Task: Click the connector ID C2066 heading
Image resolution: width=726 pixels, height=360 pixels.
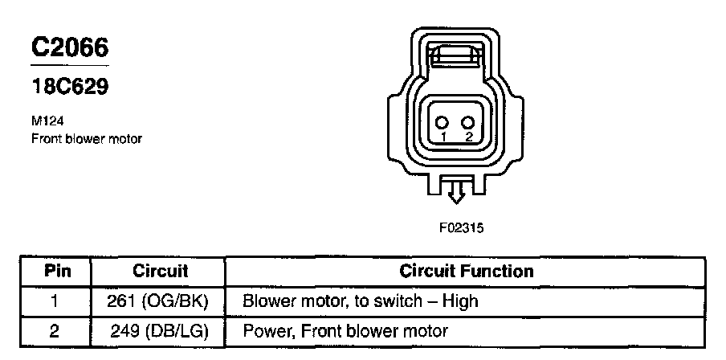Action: (x=70, y=47)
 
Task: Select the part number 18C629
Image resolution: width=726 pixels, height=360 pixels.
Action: (x=70, y=87)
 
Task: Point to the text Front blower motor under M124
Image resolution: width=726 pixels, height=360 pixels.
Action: (x=87, y=138)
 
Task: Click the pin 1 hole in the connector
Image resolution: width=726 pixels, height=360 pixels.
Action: (x=442, y=123)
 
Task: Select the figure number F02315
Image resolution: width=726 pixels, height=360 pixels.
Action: (x=461, y=227)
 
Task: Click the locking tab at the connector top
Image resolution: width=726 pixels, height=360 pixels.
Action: (x=455, y=57)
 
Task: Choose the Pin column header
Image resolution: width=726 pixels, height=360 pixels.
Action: (x=56, y=271)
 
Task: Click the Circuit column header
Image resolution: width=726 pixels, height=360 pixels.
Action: (x=160, y=271)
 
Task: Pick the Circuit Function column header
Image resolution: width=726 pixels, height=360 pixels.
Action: (x=467, y=271)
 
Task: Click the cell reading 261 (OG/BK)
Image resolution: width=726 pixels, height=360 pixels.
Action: (x=157, y=301)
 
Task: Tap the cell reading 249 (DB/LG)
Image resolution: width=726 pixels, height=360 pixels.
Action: (x=159, y=330)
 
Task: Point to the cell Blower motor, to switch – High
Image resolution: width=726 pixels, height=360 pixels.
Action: (x=360, y=301)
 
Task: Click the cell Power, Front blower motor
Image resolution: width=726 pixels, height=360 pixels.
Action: (x=345, y=330)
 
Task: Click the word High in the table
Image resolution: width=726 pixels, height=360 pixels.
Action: (x=460, y=301)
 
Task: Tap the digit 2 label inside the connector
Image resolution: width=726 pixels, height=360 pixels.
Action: (x=469, y=137)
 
